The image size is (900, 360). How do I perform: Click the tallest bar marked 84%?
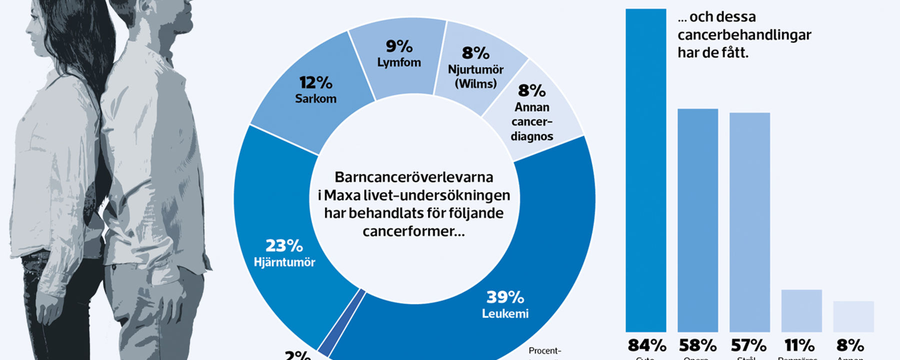coord(645,170)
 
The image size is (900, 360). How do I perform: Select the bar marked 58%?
coord(697,220)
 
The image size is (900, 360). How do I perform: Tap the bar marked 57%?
coord(749,222)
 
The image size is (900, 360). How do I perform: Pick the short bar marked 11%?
coord(801,310)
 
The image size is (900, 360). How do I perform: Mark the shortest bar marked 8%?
coord(853,316)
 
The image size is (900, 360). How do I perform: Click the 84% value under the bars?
coord(646,345)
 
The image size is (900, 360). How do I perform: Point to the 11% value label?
coord(799,345)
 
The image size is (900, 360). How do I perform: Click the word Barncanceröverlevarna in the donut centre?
coord(413,177)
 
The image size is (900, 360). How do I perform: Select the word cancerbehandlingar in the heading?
coord(744,35)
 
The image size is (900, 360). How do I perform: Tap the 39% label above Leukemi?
coord(505,297)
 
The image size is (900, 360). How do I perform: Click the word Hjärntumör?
coord(284,262)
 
